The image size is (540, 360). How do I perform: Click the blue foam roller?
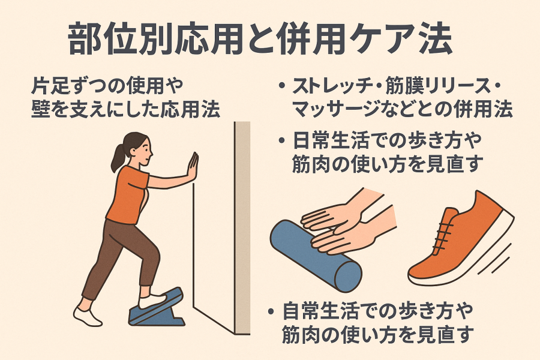(315, 256)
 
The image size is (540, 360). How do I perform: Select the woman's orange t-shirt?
(127, 194)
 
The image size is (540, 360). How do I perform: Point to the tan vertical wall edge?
(242, 228)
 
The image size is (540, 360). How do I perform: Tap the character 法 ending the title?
(435, 39)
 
